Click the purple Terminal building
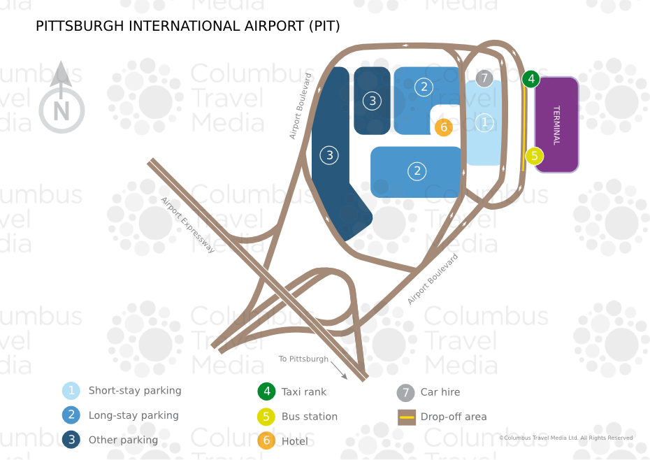point(557,125)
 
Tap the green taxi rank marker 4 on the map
point(530,79)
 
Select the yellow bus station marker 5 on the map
point(535,156)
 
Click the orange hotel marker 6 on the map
point(444,127)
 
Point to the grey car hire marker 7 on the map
point(484,78)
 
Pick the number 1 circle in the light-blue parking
point(484,123)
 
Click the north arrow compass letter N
point(62,111)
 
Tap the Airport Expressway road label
point(188,225)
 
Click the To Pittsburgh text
point(303,359)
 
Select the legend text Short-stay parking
point(135,391)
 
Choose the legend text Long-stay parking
point(133,415)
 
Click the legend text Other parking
point(123,440)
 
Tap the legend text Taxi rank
point(304,392)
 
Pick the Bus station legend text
point(310,417)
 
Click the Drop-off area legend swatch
point(407,417)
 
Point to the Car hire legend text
point(440,392)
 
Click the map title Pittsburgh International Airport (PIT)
point(188,26)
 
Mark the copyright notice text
point(566,438)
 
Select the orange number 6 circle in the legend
point(266,440)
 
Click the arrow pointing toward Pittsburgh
point(339,370)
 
